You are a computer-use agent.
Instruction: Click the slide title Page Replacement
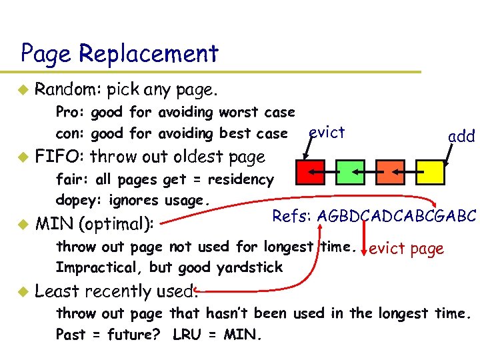(x=119, y=53)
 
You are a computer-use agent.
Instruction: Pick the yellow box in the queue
(x=431, y=171)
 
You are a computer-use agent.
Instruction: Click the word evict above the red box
(x=327, y=132)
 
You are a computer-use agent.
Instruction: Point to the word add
(x=461, y=137)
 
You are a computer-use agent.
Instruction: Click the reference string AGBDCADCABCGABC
(x=397, y=216)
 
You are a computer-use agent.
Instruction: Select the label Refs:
(x=292, y=216)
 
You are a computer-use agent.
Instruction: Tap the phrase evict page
(x=406, y=249)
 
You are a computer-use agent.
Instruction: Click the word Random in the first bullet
(x=60, y=89)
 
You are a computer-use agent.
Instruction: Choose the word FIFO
(x=59, y=157)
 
